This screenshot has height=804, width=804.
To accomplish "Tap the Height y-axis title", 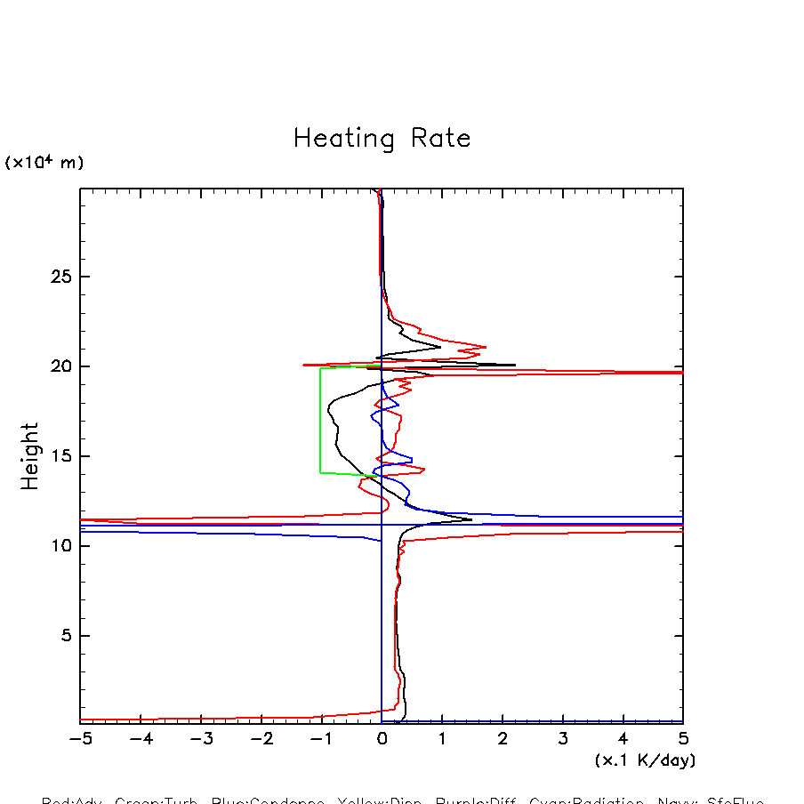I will point(30,456).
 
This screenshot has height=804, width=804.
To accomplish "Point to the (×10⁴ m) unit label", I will point(44,163).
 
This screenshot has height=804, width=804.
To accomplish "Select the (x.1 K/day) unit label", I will point(645,760).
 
